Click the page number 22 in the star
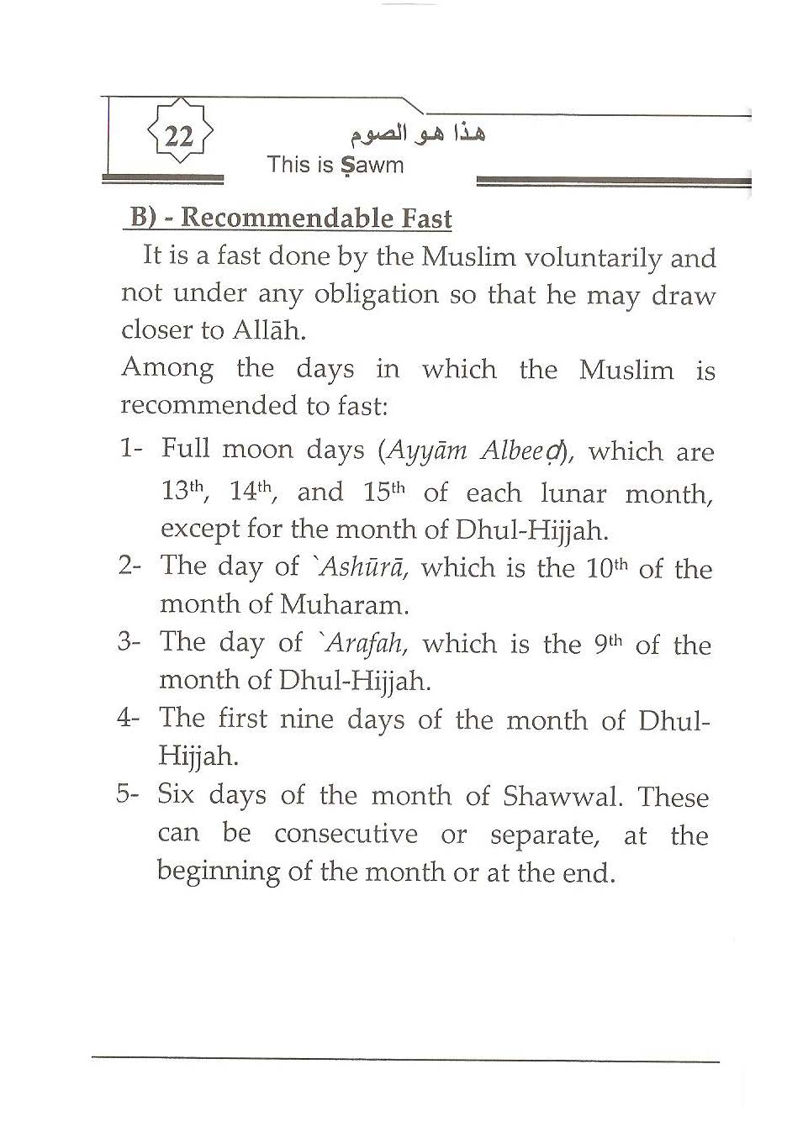tap(178, 135)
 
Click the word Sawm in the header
tap(372, 165)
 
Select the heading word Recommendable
tap(287, 219)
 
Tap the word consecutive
tap(346, 835)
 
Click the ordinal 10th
tap(606, 568)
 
